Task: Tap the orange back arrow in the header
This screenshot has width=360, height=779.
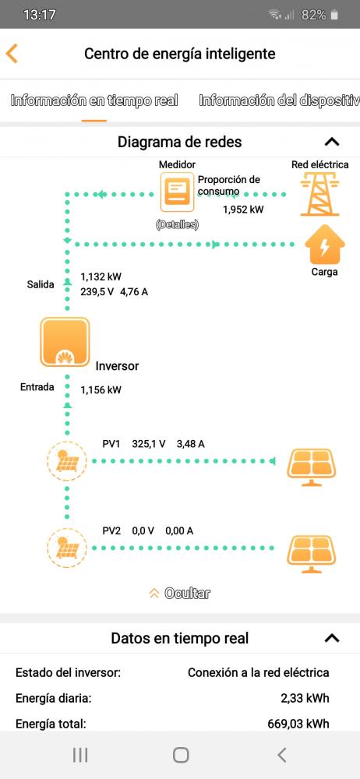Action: [12, 53]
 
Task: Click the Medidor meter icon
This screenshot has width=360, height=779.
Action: [177, 192]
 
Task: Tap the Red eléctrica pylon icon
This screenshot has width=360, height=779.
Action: [320, 194]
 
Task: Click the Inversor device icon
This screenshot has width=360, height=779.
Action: [65, 342]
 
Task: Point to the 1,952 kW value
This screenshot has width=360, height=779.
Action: [243, 210]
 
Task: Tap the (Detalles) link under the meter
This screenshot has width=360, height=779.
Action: [177, 225]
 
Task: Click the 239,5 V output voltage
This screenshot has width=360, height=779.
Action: [97, 292]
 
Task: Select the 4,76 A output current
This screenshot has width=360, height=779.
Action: [134, 292]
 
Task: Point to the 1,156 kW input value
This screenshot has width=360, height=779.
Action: [101, 390]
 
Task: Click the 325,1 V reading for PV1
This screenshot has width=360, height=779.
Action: [149, 444]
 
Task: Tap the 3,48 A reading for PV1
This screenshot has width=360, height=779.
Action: [190, 444]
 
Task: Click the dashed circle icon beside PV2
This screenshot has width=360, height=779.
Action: [67, 548]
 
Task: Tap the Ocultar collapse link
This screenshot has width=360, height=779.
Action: [180, 593]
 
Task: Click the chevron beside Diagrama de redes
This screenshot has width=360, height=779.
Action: [332, 142]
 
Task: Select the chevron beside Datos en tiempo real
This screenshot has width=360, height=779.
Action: [332, 638]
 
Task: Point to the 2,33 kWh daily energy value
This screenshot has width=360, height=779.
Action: [305, 698]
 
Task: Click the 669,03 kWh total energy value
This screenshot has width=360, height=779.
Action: [298, 724]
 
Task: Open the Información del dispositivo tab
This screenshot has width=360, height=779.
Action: [279, 100]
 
